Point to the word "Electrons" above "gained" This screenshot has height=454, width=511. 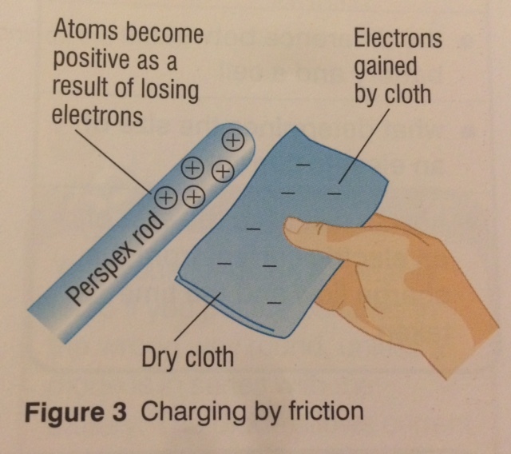click(398, 38)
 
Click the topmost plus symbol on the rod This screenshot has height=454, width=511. click(232, 141)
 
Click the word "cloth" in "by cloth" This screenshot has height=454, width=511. click(406, 94)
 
